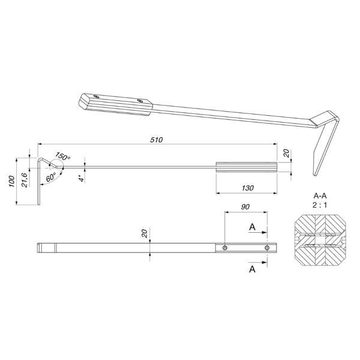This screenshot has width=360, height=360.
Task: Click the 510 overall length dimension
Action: pos(157,140)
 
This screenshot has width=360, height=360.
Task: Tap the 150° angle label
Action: pos(62,156)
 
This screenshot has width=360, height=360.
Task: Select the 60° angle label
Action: pos(50,177)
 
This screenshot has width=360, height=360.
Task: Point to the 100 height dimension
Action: pos(12,181)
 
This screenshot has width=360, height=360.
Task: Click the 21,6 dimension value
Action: pos(25,180)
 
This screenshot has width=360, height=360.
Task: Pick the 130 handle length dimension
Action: pos(248,188)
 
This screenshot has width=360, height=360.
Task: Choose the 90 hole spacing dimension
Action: pos(245,207)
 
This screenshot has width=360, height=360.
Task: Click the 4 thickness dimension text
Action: pos(81,179)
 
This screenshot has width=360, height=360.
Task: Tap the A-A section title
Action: pos(320,196)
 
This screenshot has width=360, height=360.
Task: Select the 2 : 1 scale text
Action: pos(320,205)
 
